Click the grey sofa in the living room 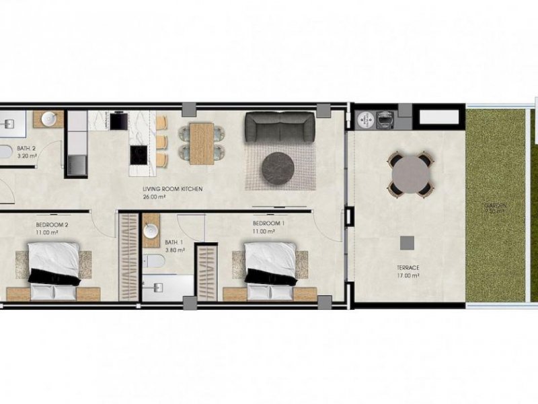tap(279, 127)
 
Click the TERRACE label tap(408, 267)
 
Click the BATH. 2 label tap(26, 148)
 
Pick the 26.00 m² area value tap(154, 197)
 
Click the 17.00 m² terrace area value tap(408, 275)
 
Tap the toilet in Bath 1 tap(154, 261)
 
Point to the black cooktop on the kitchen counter tap(136, 156)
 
